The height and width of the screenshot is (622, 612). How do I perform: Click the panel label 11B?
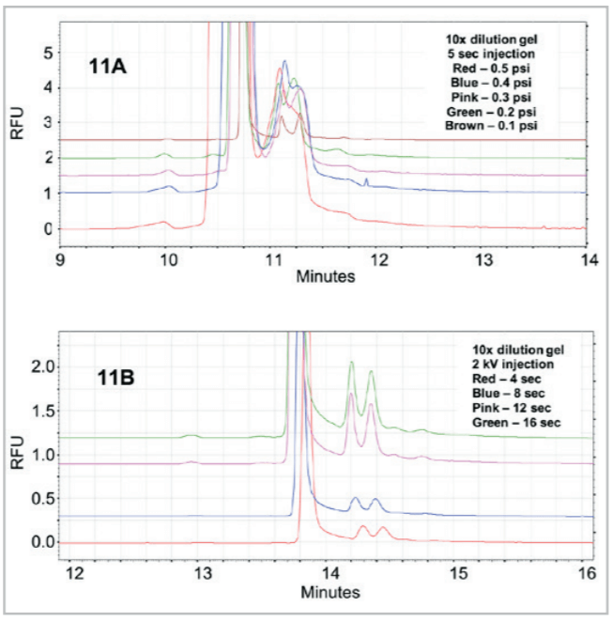pyautogui.click(x=119, y=381)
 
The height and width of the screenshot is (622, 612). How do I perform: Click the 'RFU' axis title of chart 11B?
pyautogui.click(x=16, y=441)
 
